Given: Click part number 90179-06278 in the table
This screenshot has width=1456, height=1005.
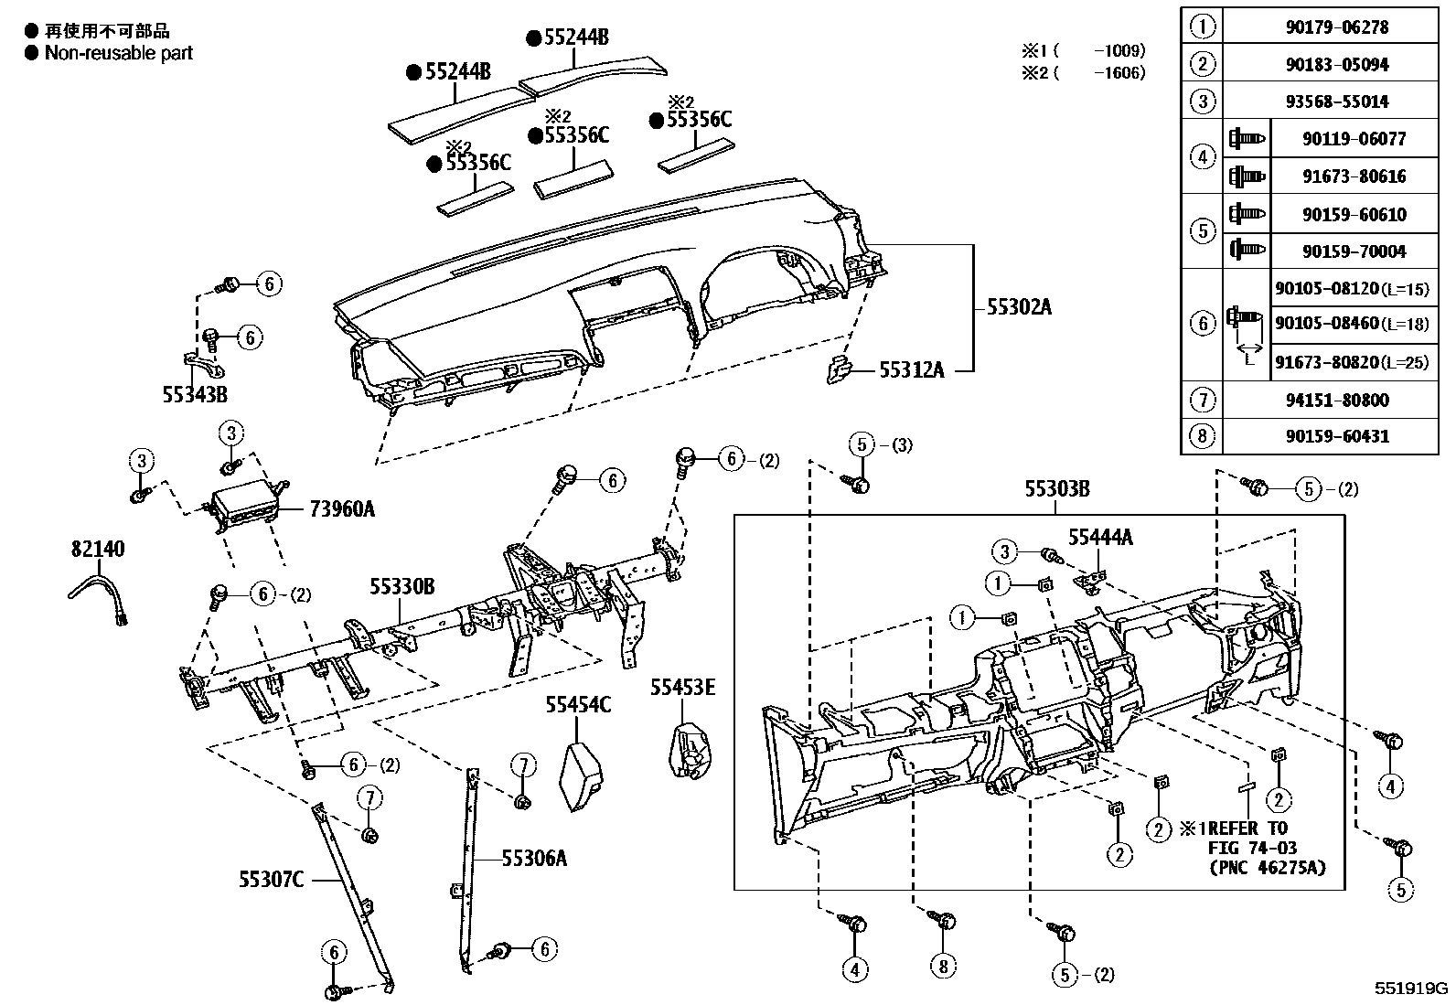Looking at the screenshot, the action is (1337, 27).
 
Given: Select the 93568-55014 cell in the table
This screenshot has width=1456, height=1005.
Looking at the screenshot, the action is (1337, 102).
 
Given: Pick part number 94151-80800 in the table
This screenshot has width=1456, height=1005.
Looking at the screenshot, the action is (1337, 399).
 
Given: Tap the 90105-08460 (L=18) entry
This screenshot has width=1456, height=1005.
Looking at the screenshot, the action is (1352, 323).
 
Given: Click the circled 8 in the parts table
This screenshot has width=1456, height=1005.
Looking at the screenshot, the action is (1202, 435).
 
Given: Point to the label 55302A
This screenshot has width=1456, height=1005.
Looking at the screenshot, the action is (1019, 307).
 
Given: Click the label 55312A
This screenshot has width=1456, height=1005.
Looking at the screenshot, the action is (911, 369).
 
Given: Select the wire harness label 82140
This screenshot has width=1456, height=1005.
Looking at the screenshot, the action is (98, 549).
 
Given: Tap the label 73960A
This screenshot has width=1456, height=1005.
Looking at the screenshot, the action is (342, 508).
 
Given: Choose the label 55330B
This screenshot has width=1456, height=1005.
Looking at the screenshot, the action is (402, 586).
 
